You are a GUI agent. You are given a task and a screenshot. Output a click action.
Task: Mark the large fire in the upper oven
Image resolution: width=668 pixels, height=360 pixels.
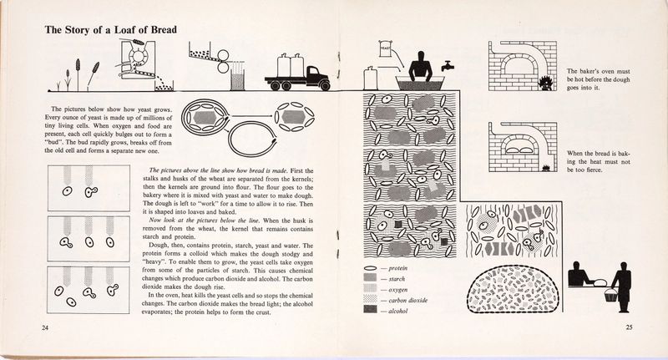tap(549, 82)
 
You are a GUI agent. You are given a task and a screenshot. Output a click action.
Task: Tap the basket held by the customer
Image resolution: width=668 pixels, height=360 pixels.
tap(614, 294)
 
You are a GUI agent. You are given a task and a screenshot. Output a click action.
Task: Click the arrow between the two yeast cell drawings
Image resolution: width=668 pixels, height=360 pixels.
tap(258, 114)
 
